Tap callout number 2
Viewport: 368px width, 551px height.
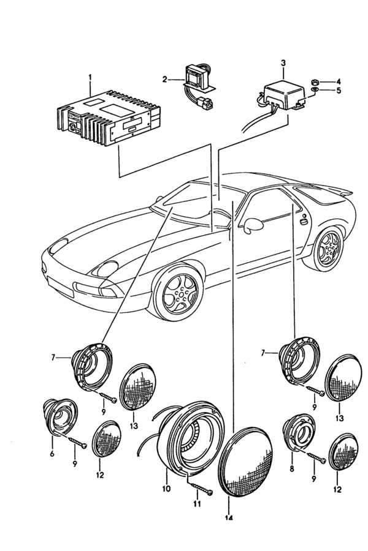(x=165, y=79)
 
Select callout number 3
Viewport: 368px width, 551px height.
(x=283, y=62)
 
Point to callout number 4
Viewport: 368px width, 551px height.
(x=337, y=81)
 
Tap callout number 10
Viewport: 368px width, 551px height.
(x=166, y=489)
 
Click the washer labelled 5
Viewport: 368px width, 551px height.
(x=314, y=91)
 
